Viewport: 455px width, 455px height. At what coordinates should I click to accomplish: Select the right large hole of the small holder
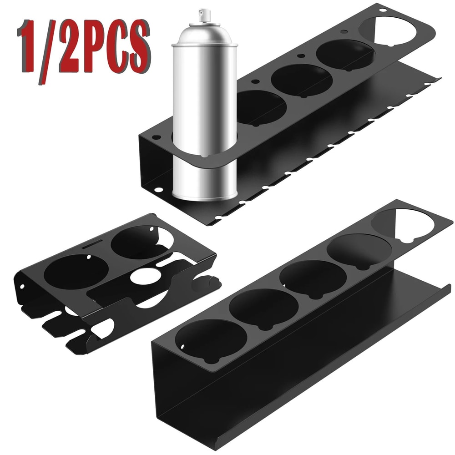pos(136,244)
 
